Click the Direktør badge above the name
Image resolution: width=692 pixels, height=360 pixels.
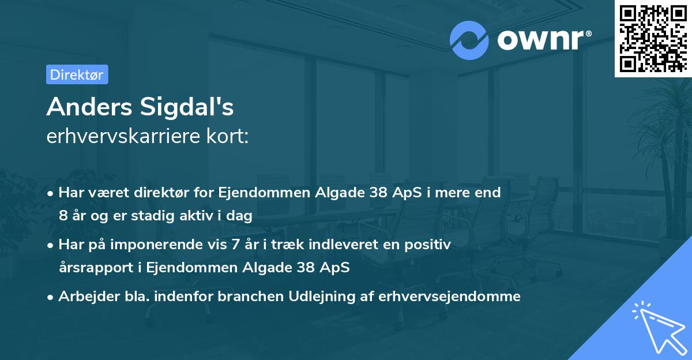(76, 74)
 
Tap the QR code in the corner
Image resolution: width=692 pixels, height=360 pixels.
(653, 38)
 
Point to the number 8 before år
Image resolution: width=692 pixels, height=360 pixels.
(63, 216)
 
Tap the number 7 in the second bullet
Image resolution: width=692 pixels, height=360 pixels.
(235, 245)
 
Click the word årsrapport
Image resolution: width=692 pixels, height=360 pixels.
(89, 268)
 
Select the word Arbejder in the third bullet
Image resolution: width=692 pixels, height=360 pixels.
(83, 297)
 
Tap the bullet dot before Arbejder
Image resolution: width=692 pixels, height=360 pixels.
(51, 297)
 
